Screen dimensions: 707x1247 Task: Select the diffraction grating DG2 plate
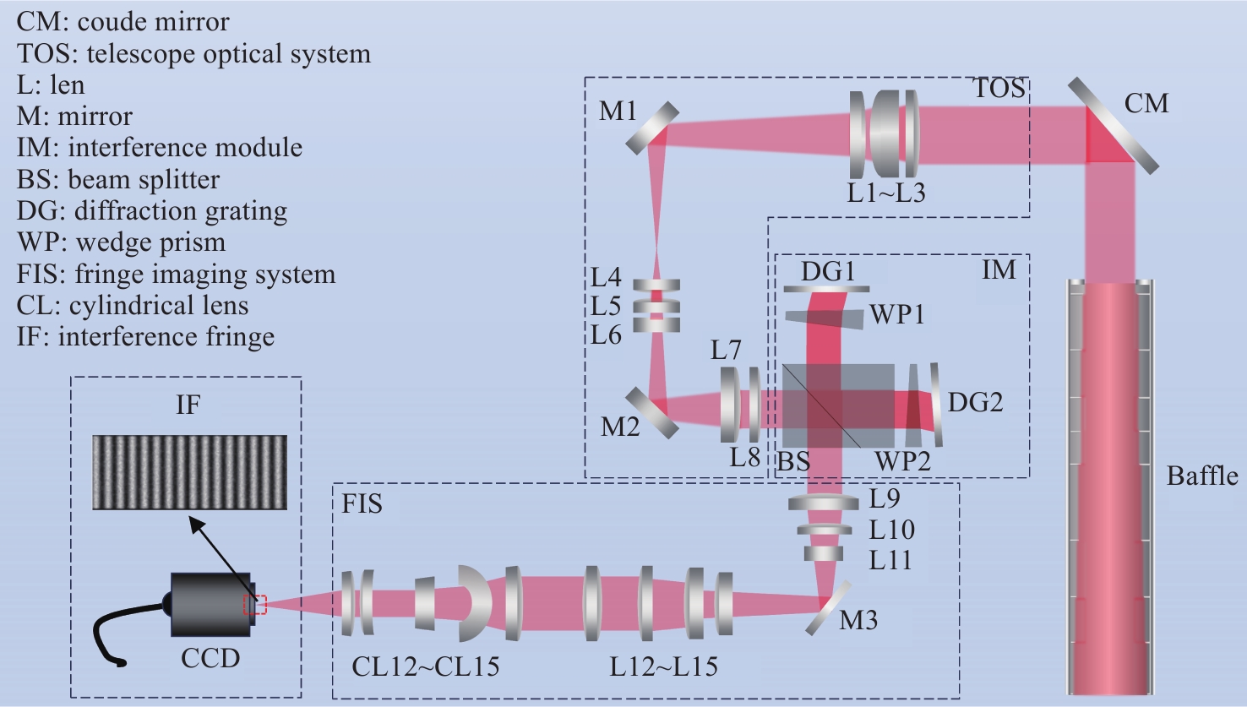click(935, 405)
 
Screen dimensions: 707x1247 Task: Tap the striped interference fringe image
click(189, 472)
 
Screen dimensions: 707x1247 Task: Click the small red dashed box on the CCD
click(255, 605)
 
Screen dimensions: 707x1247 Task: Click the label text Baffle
click(1202, 476)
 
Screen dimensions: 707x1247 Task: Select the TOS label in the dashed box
click(999, 89)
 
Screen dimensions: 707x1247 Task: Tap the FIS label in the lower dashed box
click(362, 504)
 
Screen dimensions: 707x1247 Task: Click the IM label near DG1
click(998, 269)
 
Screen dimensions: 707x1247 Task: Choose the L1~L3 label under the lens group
click(886, 193)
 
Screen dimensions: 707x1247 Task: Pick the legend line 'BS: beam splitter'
click(118, 179)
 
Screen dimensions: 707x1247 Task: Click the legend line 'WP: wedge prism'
click(122, 242)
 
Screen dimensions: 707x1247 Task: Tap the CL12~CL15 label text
click(426, 667)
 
